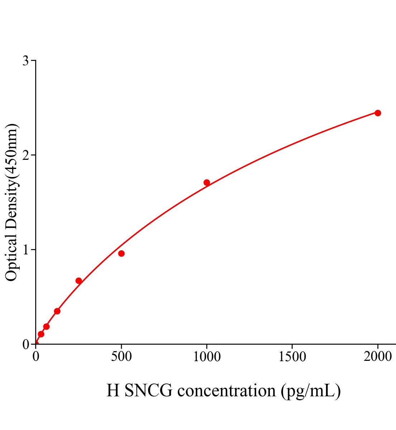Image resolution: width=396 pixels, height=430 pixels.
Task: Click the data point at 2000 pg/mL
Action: pyautogui.click(x=377, y=113)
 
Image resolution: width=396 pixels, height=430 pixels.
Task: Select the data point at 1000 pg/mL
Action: pyautogui.click(x=207, y=182)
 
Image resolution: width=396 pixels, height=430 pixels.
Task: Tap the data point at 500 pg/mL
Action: pyautogui.click(x=121, y=253)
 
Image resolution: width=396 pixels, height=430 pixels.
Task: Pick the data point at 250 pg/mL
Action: pyautogui.click(x=79, y=281)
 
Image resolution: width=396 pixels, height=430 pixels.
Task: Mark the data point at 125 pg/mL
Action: pyautogui.click(x=57, y=311)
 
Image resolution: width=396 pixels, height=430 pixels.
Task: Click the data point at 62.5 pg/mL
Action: pyautogui.click(x=46, y=326)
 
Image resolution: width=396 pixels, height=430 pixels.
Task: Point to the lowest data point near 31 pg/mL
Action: pyautogui.click(x=41, y=334)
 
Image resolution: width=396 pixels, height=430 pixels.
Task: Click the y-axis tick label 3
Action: pyautogui.click(x=25, y=61)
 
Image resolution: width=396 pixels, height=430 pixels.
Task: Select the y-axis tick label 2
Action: pyautogui.click(x=25, y=155)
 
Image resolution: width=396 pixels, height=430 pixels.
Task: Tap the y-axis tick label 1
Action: pyautogui.click(x=25, y=250)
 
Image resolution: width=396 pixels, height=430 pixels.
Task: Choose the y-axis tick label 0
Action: pyautogui.click(x=25, y=344)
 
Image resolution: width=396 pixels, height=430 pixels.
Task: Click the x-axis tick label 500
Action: pyautogui.click(x=121, y=357)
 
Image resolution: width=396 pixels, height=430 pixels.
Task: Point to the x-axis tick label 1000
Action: pyautogui.click(x=207, y=357)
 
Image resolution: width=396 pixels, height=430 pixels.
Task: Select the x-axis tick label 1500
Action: pyautogui.click(x=292, y=357)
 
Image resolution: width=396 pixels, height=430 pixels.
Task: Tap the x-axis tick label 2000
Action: pyautogui.click(x=378, y=357)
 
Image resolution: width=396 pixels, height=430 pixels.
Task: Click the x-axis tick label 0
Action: pyautogui.click(x=36, y=357)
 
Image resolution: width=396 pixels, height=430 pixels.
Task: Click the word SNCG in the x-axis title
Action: pyautogui.click(x=148, y=391)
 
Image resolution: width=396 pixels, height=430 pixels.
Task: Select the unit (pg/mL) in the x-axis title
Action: pyautogui.click(x=311, y=391)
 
